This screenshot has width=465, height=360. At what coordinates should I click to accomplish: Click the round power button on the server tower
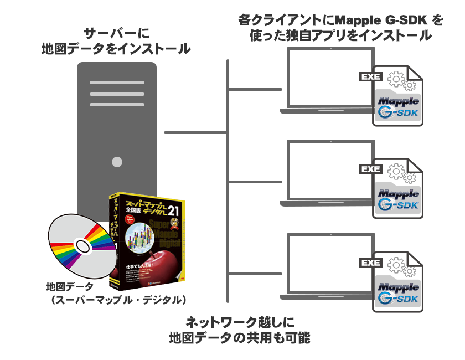[x=117, y=162]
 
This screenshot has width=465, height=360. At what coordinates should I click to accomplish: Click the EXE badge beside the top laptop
[x=370, y=77]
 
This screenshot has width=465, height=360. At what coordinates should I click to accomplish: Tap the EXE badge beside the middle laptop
[x=370, y=169]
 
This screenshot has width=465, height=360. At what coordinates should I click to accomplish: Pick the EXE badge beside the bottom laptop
[x=370, y=263]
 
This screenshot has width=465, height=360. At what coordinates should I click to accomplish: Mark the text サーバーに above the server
[x=116, y=32]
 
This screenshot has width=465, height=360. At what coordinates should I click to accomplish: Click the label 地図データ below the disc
[x=70, y=287]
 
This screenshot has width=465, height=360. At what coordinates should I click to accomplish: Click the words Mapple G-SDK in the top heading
[x=387, y=21]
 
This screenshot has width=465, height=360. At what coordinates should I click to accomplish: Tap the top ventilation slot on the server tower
[x=116, y=83]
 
